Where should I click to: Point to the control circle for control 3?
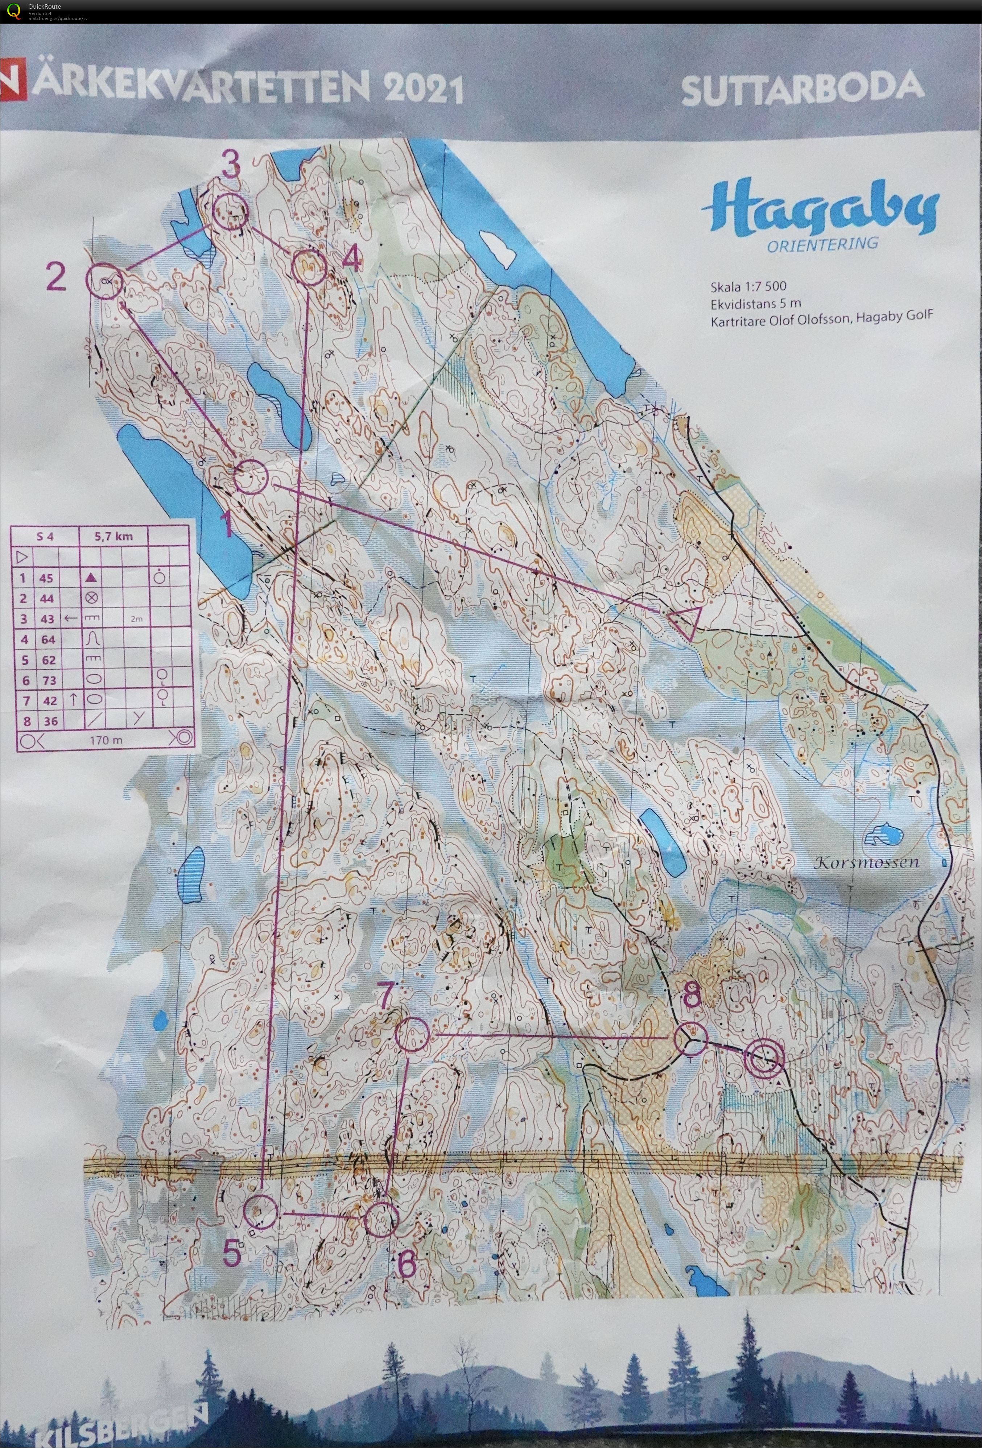[x=231, y=212]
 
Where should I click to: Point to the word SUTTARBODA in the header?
[x=802, y=89]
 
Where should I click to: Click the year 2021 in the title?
[x=424, y=89]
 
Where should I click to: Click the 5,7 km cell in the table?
[x=114, y=537]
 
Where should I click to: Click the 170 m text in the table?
[x=106, y=740]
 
